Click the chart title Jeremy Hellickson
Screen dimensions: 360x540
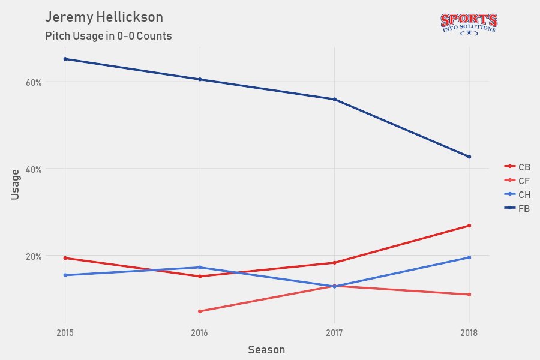pyautogui.click(x=104, y=17)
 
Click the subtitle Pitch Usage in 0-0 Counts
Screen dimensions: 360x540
pyautogui.click(x=109, y=36)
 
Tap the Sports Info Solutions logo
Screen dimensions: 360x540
pyautogui.click(x=469, y=24)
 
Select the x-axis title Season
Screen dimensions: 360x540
pyautogui.click(x=266, y=349)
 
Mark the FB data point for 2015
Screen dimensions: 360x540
pyautogui.click(x=65, y=59)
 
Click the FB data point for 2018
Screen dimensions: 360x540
pyautogui.click(x=469, y=157)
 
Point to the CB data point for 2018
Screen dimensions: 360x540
pyautogui.click(x=469, y=226)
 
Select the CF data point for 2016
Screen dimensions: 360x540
pyautogui.click(x=199, y=311)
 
